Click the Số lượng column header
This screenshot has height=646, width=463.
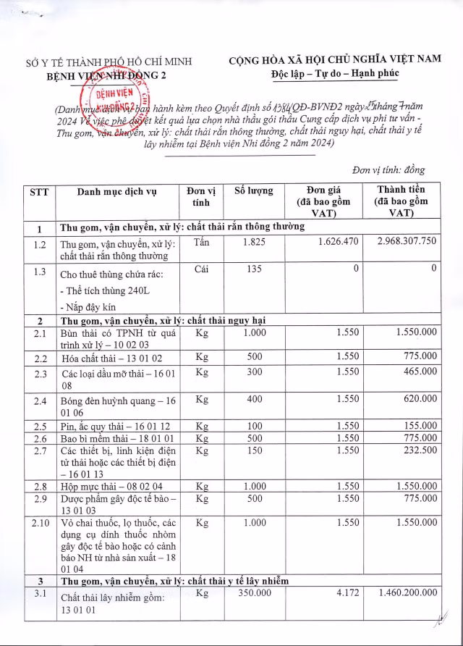coord(254,190)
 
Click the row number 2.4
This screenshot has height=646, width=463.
coord(39,400)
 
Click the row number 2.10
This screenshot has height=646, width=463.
coord(39,522)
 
